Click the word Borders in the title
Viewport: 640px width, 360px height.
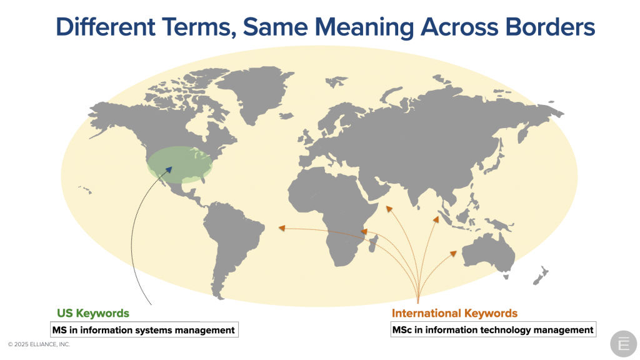(550, 27)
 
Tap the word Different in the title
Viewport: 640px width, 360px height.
(105, 27)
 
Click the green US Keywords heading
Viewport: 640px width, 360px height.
(93, 313)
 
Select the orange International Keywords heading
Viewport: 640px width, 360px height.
(454, 313)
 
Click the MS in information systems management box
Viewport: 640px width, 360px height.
(144, 330)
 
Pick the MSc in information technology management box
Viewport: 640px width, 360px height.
(493, 329)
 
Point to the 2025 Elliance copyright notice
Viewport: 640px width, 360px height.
(39, 344)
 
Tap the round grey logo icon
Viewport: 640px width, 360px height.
(623, 344)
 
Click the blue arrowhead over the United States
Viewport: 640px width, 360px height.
(169, 169)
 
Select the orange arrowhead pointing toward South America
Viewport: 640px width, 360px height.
(282, 227)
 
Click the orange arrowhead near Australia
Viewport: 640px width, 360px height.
(453, 254)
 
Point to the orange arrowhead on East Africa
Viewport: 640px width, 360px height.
(364, 232)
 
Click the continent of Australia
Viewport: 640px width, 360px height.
(487, 253)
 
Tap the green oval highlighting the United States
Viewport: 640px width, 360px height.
(179, 165)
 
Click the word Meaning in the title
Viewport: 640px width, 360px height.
(364, 27)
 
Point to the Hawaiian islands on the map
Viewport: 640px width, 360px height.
(85, 190)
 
